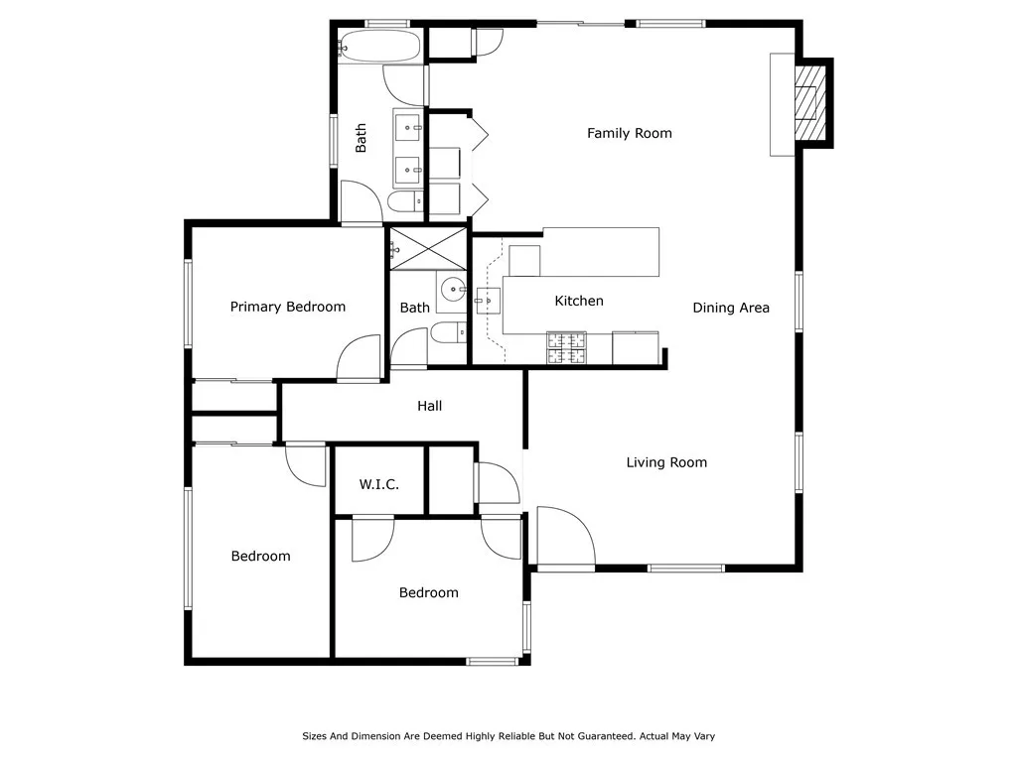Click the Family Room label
tap(629, 133)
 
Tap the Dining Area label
tap(731, 308)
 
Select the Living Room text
tap(666, 462)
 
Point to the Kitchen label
tap(578, 301)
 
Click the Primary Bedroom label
tap(288, 307)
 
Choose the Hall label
tap(429, 406)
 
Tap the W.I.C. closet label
tap(378, 484)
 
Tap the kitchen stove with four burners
tap(566, 346)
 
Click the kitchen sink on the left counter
tap(486, 298)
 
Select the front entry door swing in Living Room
tap(564, 536)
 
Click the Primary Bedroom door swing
tap(359, 359)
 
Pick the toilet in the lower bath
tap(448, 332)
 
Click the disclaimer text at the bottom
tap(508, 736)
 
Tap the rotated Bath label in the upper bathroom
tap(362, 137)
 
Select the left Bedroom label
tap(260, 556)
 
